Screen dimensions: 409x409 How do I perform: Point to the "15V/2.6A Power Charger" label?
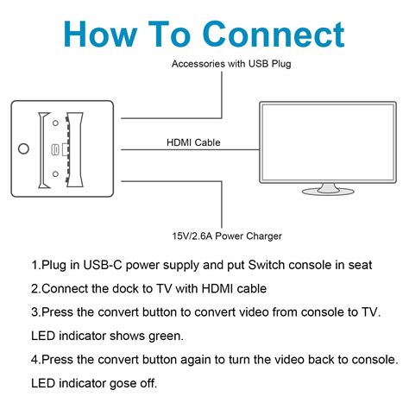point(226,236)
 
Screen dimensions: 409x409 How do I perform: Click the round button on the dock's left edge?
point(23,148)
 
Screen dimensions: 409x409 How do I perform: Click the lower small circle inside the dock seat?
point(56,173)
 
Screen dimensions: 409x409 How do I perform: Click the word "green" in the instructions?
point(160,335)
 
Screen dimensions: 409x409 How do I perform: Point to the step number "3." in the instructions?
point(35,311)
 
